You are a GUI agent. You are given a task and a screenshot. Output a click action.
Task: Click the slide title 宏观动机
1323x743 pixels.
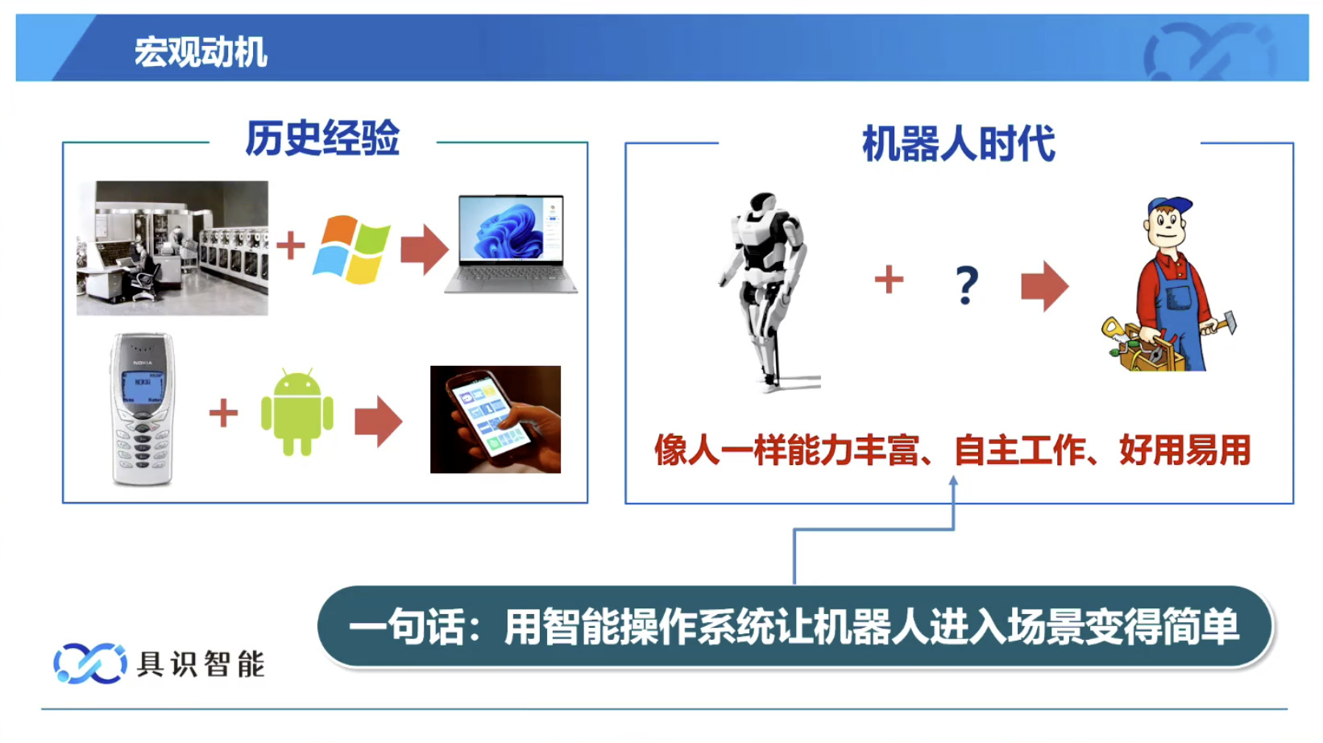click(200, 52)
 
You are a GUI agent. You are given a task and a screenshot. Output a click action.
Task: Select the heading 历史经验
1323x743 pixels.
click(322, 139)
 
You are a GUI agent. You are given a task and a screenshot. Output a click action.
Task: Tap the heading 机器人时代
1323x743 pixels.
click(959, 143)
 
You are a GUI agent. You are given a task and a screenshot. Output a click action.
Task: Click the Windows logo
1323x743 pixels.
click(351, 249)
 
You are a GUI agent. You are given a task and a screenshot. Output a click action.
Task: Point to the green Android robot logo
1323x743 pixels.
click(297, 412)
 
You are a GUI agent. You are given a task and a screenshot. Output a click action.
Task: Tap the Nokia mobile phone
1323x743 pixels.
click(142, 409)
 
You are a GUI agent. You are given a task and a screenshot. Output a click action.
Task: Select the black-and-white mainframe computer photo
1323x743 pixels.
click(172, 248)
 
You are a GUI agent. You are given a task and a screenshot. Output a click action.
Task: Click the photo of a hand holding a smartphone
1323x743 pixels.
click(496, 419)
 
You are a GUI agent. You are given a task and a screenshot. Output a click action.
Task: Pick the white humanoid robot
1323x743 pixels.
click(765, 291)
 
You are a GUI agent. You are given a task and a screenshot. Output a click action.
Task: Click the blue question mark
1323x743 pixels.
click(966, 284)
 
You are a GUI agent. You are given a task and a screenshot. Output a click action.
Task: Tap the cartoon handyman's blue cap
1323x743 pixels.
click(1169, 207)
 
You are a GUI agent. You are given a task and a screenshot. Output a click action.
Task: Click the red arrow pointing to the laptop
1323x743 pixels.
click(424, 249)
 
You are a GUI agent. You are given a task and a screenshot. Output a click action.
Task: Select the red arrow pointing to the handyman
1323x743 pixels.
click(1045, 286)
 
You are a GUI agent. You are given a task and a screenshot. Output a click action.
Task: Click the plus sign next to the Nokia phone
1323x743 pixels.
click(223, 413)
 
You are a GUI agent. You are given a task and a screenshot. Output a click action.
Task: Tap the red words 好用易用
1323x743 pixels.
click(1184, 450)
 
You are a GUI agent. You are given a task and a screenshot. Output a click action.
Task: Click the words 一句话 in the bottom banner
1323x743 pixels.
click(407, 627)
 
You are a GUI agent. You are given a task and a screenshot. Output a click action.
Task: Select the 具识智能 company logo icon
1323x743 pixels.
click(89, 663)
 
